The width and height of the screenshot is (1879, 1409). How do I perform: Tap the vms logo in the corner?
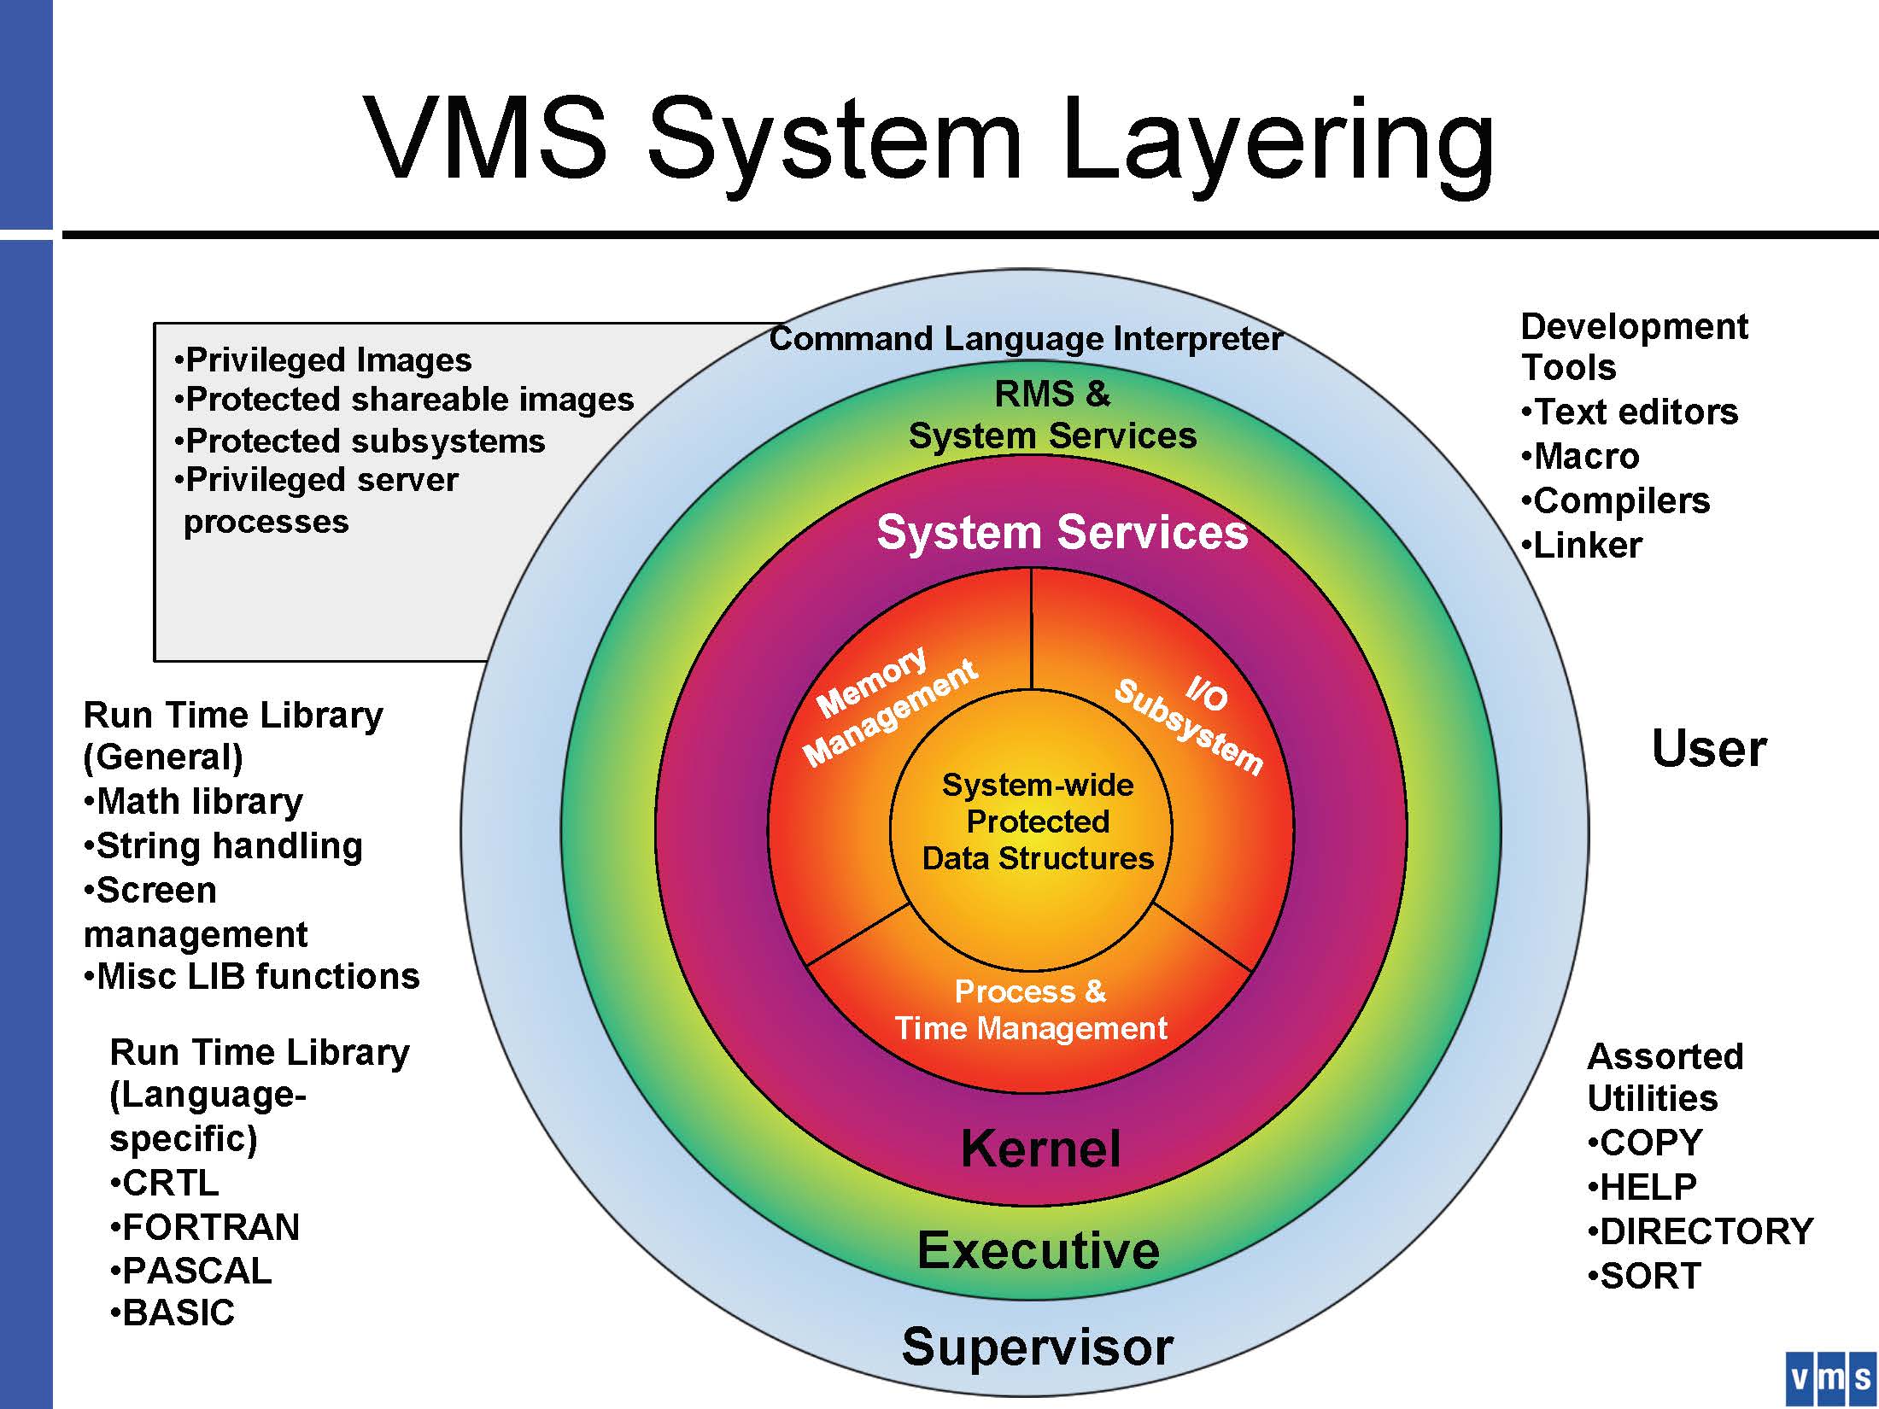click(1829, 1377)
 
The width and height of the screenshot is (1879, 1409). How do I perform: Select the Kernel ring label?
click(1040, 1149)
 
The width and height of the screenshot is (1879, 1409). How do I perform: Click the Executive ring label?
click(1039, 1251)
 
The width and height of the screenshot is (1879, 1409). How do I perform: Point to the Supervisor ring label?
click(1038, 1347)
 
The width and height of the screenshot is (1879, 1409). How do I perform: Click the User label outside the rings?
click(1708, 749)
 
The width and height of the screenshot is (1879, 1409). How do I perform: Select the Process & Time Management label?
click(1031, 1009)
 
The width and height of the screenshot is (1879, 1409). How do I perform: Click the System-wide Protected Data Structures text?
click(1037, 821)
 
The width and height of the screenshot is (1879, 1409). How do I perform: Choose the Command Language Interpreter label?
click(1025, 339)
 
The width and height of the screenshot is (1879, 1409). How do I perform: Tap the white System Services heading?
click(1062, 532)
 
